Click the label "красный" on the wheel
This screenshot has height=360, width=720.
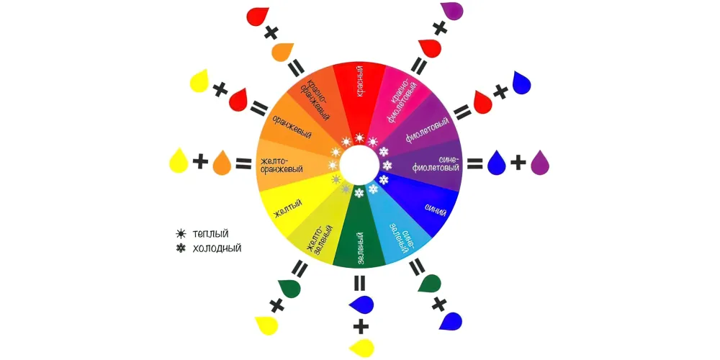pos(359,81)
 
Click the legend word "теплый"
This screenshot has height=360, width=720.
pos(211,234)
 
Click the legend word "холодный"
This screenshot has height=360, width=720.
pos(217,249)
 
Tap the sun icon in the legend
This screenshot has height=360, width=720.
pos(181,234)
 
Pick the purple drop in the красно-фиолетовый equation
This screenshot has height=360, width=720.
pos(451,11)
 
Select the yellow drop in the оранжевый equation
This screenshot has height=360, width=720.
pos(199,81)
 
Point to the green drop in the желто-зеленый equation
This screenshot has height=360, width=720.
pos(289,287)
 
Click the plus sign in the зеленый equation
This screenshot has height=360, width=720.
pos(361,327)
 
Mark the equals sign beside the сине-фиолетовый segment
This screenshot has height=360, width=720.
pos(475,163)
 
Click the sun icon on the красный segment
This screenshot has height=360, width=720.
pos(359,138)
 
